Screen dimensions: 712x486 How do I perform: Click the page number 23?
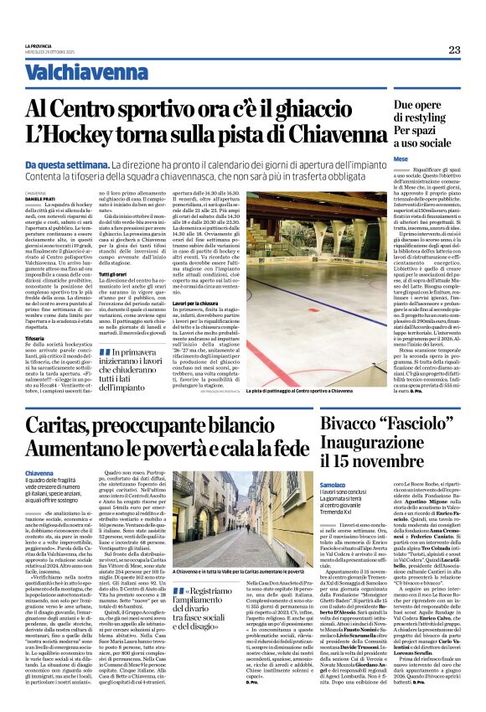point(454,49)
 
